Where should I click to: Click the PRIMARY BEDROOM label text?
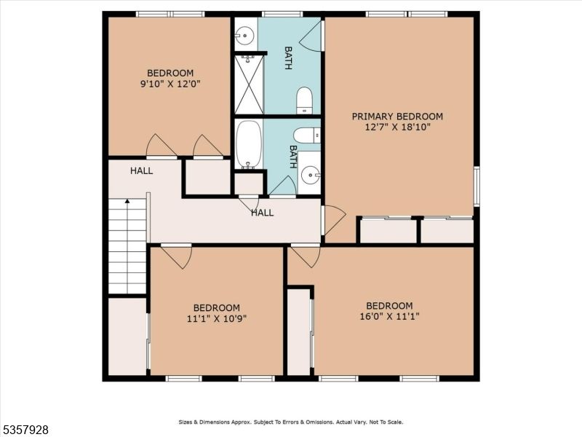click(397, 117)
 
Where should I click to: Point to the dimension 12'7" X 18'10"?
click(397, 127)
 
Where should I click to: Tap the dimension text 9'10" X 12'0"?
click(170, 84)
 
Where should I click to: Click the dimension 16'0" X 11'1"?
click(389, 316)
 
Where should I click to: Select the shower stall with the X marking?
click(249, 84)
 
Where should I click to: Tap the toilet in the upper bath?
click(305, 101)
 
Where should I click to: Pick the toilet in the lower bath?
click(306, 135)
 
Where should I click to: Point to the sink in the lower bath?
click(311, 173)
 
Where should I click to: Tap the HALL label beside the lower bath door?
click(263, 213)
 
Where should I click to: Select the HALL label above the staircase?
click(142, 170)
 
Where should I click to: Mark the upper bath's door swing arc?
click(311, 36)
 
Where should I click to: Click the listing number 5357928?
click(25, 430)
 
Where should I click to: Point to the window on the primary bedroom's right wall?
click(477, 186)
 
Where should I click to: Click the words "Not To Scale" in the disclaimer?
click(384, 422)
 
